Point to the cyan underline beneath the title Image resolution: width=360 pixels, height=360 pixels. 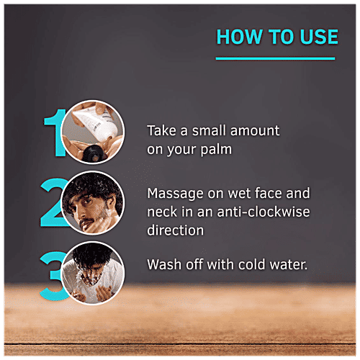[275, 58]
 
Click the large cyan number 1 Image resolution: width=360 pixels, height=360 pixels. [55, 132]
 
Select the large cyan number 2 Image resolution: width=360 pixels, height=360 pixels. [54, 202]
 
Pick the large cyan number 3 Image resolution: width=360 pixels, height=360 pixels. [53, 276]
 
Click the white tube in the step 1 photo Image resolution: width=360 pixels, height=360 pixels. [96, 122]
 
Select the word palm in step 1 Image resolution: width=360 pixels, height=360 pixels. [216, 150]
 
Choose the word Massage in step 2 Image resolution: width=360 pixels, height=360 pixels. [175, 194]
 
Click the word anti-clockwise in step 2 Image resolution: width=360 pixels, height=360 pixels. [264, 212]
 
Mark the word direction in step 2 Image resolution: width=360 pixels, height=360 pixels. [176, 230]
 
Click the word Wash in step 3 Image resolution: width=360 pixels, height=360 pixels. [164, 264]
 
